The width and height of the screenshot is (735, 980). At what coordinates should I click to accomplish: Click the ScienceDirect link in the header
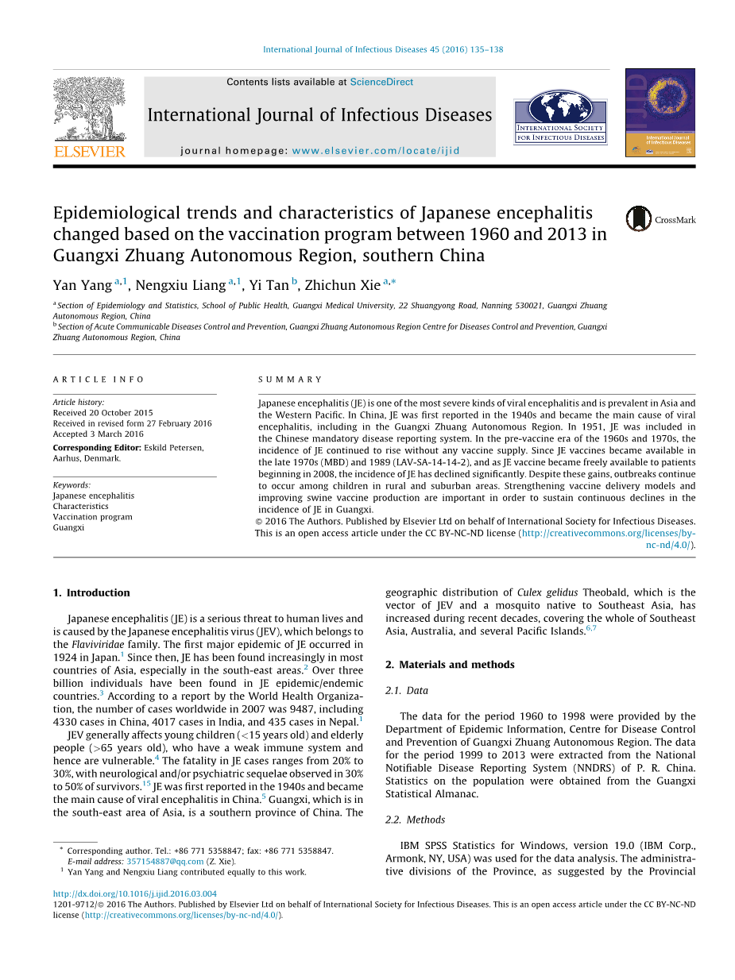pos(381,82)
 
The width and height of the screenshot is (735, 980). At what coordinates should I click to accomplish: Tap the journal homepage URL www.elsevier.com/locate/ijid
pos(376,150)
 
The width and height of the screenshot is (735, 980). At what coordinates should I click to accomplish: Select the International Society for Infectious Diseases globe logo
pos(560,116)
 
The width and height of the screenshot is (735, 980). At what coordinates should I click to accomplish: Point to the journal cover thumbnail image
pos(660,112)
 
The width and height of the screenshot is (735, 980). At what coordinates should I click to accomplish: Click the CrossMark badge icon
pos(638,218)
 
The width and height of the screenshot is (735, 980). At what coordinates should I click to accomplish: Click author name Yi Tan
pos(269,285)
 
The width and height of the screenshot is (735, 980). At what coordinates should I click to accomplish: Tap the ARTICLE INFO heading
pos(99,380)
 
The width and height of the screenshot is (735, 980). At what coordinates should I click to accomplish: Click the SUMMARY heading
pos(291,380)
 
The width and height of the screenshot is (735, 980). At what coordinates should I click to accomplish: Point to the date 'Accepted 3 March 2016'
pos(99,434)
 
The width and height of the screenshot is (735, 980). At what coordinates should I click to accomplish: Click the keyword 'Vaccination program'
pos(93,517)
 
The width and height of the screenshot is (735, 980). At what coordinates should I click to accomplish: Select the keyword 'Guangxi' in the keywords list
pos(68,527)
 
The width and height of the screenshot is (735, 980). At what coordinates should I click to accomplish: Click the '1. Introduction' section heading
pos(91,592)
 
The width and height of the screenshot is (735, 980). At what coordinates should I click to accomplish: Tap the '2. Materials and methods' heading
pos(450,665)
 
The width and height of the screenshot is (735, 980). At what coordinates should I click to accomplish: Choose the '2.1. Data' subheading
pos(407,691)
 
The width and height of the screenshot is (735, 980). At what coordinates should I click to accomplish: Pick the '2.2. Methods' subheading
pos(416,820)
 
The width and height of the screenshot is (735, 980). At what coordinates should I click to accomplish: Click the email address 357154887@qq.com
pos(165,861)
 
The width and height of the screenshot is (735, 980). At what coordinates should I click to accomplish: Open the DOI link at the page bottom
pos(135,893)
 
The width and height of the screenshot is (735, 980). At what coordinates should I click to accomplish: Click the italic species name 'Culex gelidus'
pos(547,592)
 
